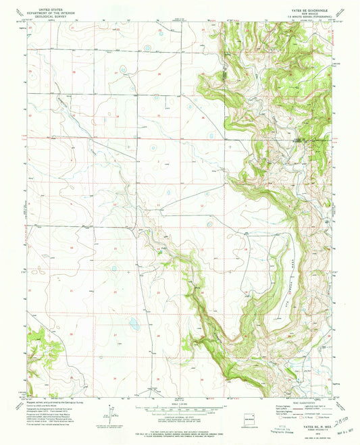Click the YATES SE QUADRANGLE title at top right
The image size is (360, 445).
309,11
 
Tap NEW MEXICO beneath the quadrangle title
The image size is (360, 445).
309,16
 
